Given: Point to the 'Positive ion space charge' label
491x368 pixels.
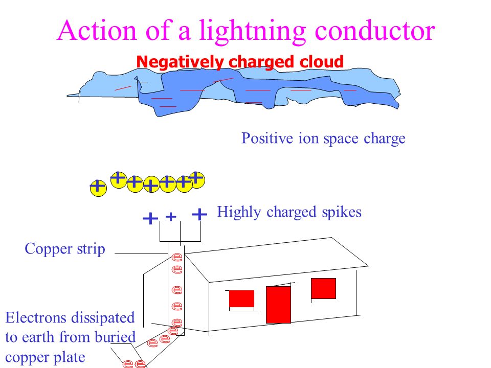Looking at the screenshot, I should point(323,139).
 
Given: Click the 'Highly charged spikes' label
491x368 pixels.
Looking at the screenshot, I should point(289,212).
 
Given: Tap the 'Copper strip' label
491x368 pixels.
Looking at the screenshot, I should point(65,249).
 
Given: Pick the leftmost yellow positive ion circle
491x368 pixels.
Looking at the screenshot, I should point(97,187).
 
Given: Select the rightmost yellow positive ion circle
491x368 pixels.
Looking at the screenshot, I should point(196,179).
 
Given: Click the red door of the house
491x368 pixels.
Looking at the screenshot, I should point(278,305).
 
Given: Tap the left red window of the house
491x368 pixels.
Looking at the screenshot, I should point(241,298).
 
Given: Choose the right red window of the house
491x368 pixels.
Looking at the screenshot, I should point(323,288).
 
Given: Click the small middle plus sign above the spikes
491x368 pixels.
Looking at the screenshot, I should point(171,217).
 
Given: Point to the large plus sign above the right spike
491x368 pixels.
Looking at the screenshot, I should point(199,214).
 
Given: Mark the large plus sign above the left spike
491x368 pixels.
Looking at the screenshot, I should point(149,219).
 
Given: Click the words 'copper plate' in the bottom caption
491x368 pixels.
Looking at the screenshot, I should point(45,357).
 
